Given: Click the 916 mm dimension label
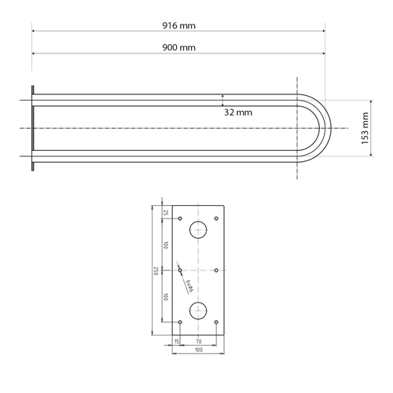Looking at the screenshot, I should [179, 25].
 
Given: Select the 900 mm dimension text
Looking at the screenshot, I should [179, 47].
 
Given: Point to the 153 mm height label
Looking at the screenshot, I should [365, 128].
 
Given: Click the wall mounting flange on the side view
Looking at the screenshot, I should [32, 128].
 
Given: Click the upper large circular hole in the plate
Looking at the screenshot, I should [198, 230].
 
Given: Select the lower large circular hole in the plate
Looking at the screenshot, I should [198, 307].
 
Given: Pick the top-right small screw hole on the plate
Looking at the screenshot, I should [217, 217].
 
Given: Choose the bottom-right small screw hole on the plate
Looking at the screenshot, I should [217, 321].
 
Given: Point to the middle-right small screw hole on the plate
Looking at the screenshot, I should [217, 270].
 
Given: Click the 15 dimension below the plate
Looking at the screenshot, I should [175, 341].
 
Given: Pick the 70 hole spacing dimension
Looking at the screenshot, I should [198, 341].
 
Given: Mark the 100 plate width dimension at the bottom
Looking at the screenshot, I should [198, 350].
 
